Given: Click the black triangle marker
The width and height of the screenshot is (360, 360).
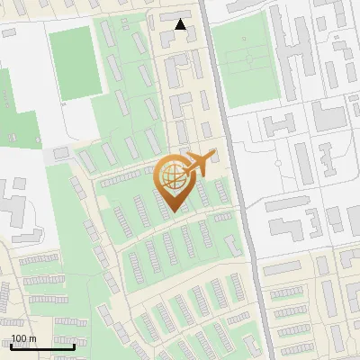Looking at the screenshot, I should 182,24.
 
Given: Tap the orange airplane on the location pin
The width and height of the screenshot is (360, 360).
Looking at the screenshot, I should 198,163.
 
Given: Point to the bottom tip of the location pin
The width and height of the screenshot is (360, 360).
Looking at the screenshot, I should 172,212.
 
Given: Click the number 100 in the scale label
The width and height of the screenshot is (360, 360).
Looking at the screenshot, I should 19,338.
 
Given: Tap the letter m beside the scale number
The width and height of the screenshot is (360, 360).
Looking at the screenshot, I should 32,338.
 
